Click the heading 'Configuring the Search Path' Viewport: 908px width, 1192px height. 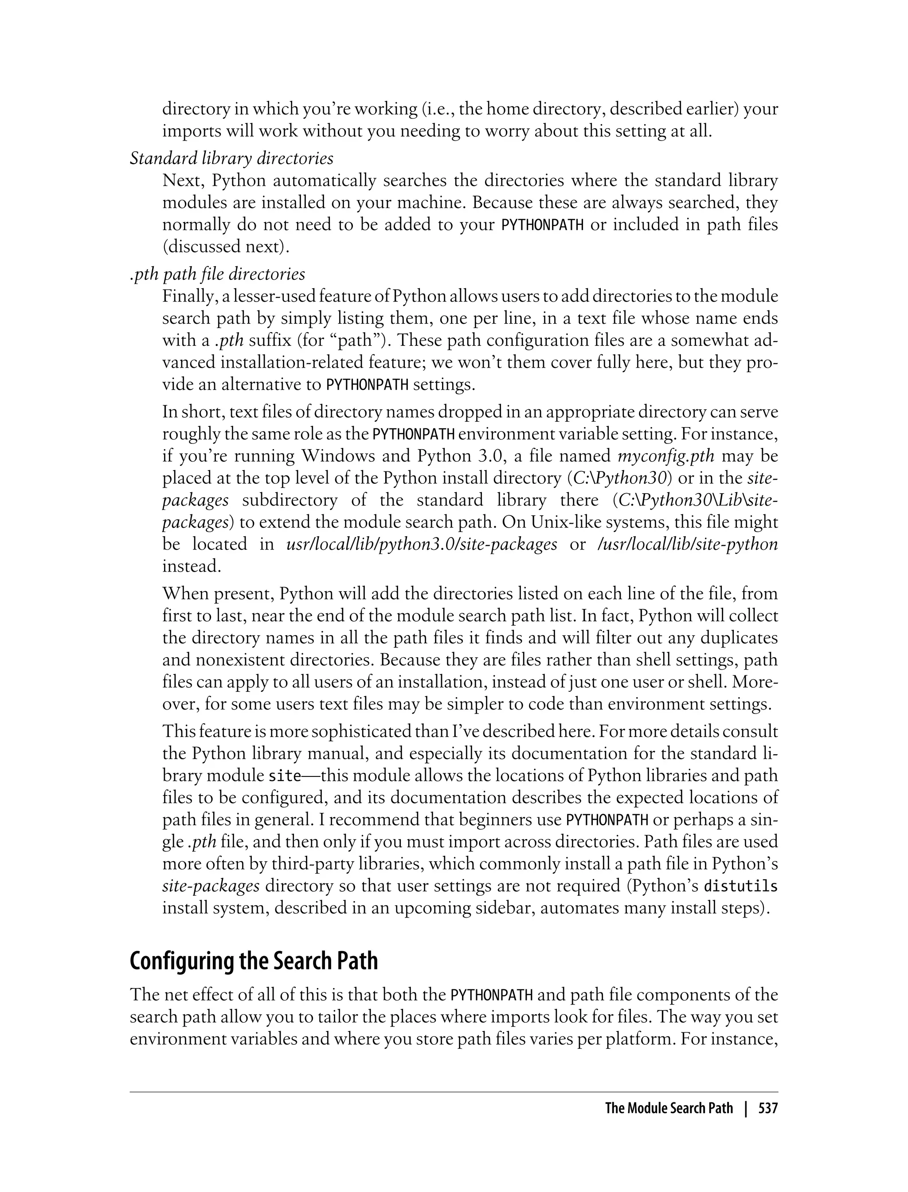[254, 961]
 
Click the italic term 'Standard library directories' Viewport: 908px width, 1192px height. [231, 158]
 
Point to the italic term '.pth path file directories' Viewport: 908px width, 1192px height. [217, 274]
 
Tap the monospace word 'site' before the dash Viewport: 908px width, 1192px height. [284, 776]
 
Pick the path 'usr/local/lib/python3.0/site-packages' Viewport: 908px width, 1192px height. [421, 544]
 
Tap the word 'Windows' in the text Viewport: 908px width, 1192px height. [338, 456]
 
